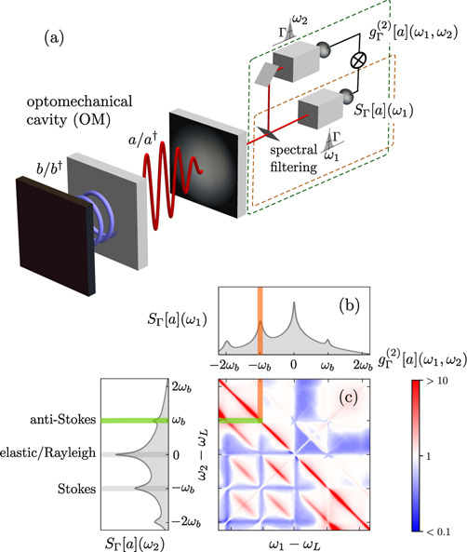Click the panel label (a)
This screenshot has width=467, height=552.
(x=54, y=37)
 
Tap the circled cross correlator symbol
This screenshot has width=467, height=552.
(x=358, y=61)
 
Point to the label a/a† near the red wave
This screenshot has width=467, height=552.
(x=140, y=139)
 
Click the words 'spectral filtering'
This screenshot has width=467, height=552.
(x=293, y=158)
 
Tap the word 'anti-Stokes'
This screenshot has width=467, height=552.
(x=63, y=420)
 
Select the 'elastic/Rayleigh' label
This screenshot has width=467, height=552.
(x=47, y=453)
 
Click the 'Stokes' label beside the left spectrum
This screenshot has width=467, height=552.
(x=76, y=489)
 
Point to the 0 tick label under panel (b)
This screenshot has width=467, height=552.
(x=294, y=364)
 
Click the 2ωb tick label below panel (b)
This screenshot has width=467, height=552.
(x=363, y=365)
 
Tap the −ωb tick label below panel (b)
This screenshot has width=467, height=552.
(x=260, y=366)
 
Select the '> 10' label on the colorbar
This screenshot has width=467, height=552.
(x=437, y=381)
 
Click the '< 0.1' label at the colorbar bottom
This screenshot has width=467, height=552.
(x=438, y=532)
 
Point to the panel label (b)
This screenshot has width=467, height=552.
(x=349, y=305)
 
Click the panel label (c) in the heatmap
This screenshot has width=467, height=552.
(x=349, y=397)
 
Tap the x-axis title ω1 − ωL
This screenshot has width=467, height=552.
(x=295, y=545)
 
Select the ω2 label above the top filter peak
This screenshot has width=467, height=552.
(x=300, y=20)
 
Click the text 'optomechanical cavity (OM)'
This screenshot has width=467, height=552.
(x=79, y=111)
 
